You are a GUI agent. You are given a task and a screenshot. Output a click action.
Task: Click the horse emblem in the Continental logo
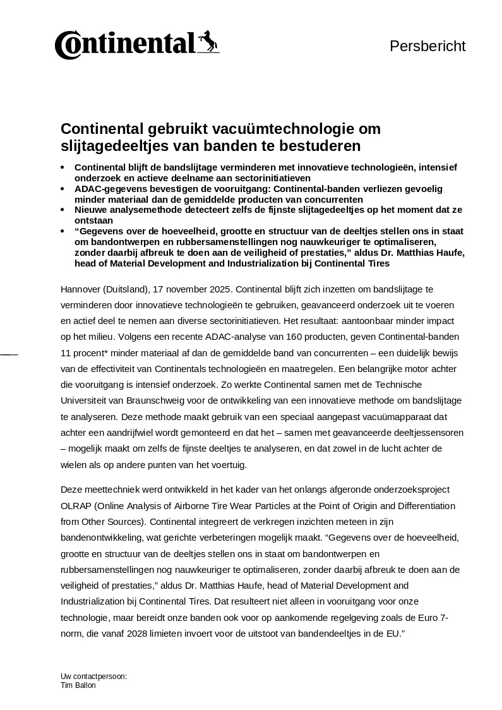tap(208, 42)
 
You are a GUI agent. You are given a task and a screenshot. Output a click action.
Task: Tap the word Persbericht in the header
tap(427, 46)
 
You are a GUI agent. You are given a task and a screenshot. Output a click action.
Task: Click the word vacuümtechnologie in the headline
tap(268, 129)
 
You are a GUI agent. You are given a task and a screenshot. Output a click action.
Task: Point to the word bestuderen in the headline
tap(316, 146)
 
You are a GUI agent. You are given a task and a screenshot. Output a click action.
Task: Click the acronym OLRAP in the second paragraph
tap(75, 506)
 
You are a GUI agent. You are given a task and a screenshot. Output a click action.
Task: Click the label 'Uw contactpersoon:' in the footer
tap(93, 677)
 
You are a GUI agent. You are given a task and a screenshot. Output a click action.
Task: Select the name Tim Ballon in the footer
tap(78, 685)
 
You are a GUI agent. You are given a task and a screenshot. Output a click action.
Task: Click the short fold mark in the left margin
tap(9, 355)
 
